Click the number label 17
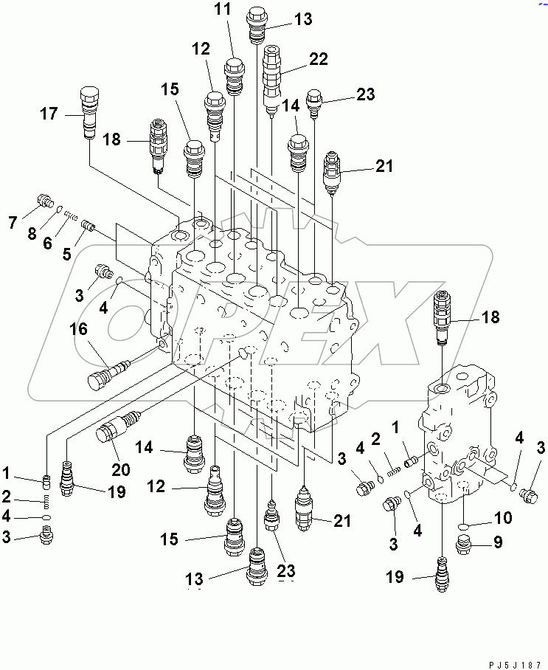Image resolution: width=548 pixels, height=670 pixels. click(x=49, y=114)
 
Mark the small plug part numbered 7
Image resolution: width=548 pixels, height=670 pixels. click(x=44, y=201)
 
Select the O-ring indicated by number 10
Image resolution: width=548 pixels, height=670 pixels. click(x=462, y=525)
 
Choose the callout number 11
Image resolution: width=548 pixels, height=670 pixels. click(x=223, y=10)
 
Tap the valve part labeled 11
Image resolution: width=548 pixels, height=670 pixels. click(x=235, y=75)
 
